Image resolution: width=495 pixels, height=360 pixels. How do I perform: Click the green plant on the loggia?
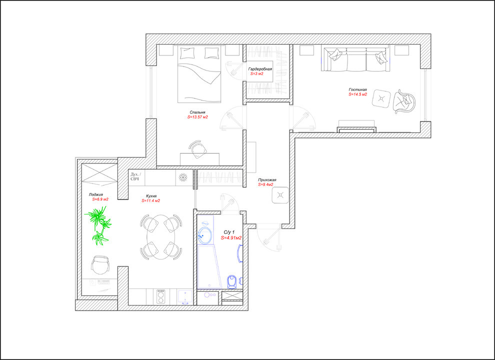tap(98, 225)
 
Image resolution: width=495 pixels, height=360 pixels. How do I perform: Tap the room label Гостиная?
tap(357, 89)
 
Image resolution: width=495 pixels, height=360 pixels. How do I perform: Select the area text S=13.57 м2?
tap(197, 117)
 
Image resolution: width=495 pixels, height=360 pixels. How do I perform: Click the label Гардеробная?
tap(260, 69)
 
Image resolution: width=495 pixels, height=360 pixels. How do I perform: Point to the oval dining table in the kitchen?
tap(161, 237)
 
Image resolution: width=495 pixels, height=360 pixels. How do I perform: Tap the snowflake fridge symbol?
tap(183, 177)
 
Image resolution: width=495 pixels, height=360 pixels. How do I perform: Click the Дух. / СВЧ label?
tap(136, 176)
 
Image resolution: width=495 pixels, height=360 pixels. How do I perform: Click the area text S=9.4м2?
tap(265, 184)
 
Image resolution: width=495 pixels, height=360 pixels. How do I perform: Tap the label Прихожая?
tap(267, 180)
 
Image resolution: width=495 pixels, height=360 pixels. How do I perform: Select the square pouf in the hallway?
tap(280, 195)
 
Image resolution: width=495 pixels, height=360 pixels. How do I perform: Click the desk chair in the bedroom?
tap(197, 149)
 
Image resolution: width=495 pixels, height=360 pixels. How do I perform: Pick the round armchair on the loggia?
tap(100, 265)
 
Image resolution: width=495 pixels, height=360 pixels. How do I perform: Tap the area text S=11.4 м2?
tap(150, 200)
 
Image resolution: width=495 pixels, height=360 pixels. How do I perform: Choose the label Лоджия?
tap(95, 194)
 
